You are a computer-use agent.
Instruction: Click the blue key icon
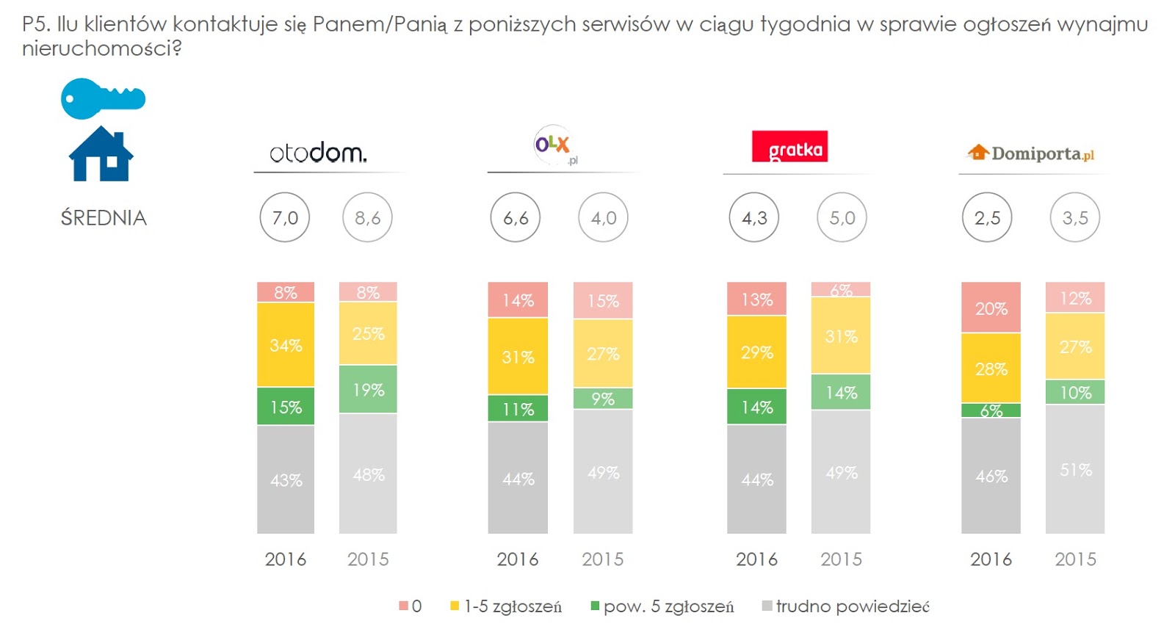point(102,98)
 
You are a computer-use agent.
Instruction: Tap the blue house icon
point(101,154)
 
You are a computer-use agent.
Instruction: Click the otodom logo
point(317,153)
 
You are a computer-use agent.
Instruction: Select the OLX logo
point(554,145)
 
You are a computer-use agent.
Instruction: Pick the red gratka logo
point(789,147)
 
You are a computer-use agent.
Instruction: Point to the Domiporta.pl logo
point(1030,153)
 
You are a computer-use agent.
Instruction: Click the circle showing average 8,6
point(367,217)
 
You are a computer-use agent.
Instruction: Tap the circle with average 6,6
point(516,217)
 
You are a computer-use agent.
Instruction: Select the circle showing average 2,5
point(987,217)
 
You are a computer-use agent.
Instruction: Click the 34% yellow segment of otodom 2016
point(286,345)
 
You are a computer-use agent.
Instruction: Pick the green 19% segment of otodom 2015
point(368,390)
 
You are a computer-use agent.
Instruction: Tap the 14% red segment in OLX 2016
point(518,300)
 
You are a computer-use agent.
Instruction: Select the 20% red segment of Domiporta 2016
point(991,308)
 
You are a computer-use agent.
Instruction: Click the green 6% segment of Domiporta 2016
point(991,410)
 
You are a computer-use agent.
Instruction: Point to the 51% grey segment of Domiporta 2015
point(1075,469)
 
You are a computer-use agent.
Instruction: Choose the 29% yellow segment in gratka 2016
point(756,352)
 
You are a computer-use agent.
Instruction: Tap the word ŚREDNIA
point(104,218)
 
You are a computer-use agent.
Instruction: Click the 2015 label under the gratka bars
point(841,559)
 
